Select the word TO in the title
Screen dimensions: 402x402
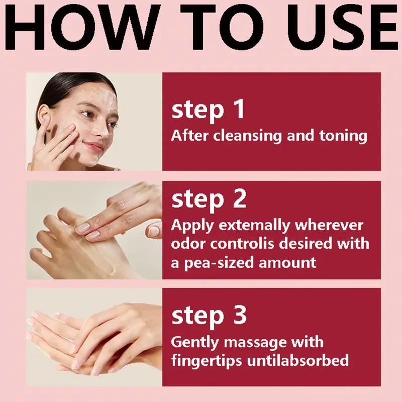tap(222, 28)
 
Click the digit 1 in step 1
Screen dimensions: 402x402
tap(239, 109)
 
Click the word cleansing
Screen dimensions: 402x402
tap(247, 136)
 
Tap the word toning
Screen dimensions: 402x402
tap(343, 136)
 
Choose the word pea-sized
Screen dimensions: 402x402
tap(219, 263)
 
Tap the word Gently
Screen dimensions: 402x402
tap(195, 342)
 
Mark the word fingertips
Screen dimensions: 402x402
tap(207, 360)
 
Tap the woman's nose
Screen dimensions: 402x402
tap(104, 130)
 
